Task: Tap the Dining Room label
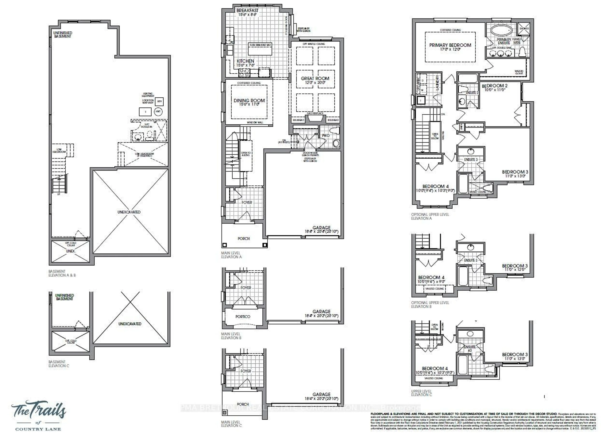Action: click(249, 101)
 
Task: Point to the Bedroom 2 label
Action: click(494, 86)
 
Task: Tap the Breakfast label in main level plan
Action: click(247, 11)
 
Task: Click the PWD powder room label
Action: click(326, 136)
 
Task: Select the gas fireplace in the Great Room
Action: click(315, 118)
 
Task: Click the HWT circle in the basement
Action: click(158, 111)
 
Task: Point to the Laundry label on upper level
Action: click(437, 82)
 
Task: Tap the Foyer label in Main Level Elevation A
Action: click(247, 202)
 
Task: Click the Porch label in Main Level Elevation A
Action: click(244, 239)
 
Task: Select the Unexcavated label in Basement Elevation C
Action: click(130, 324)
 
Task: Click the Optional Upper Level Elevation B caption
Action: click(430, 304)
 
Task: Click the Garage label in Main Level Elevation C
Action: click(321, 394)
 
